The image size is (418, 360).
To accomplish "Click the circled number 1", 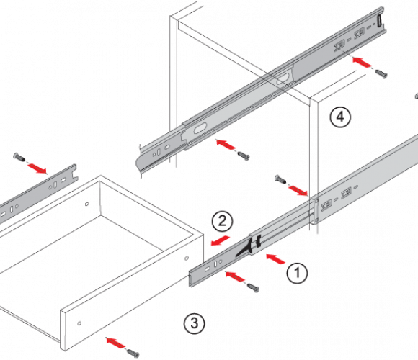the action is (297, 273).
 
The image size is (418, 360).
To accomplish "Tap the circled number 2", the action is (222, 222).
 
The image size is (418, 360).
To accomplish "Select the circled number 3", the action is (195, 323).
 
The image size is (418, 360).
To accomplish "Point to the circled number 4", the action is (340, 117).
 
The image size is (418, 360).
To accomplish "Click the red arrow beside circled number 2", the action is (221, 240).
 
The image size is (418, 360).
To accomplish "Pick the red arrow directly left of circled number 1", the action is (275, 258).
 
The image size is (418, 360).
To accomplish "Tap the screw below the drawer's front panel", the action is (133, 353).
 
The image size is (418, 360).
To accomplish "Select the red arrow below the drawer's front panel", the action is (115, 343).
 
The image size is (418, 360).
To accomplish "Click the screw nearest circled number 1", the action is (253, 287).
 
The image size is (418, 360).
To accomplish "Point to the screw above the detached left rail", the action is (19, 157).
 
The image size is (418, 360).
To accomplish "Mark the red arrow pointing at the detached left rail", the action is (37, 168).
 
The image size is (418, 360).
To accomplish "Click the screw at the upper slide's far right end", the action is (381, 73).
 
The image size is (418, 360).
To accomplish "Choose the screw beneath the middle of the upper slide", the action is (244, 156).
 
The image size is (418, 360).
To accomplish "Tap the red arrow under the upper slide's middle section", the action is (226, 144).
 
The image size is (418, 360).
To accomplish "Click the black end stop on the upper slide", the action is (379, 21).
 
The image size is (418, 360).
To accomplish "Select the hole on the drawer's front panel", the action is (79, 323).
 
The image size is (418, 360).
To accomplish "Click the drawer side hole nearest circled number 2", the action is (187, 258).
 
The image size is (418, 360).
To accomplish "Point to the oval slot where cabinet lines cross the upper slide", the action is (283, 78).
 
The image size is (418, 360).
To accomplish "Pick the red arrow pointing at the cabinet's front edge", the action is (298, 191).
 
